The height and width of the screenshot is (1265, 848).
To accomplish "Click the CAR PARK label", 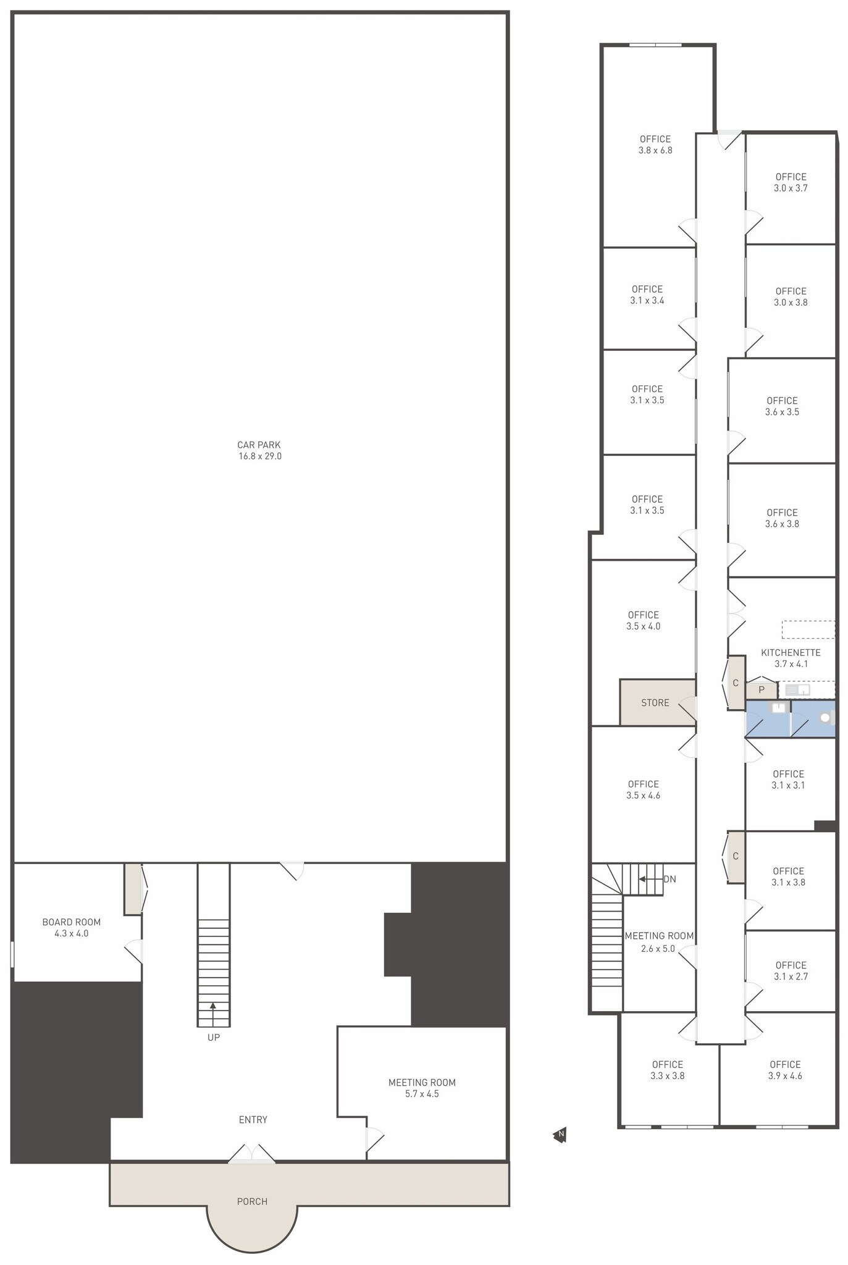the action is [259, 445].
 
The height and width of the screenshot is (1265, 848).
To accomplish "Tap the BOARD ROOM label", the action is [72, 922].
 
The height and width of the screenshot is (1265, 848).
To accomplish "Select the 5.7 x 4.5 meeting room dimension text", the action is [422, 1094].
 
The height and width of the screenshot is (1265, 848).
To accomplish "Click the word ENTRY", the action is [253, 1119].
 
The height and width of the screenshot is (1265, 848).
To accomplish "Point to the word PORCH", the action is [253, 1201].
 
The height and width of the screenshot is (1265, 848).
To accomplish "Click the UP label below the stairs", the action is [214, 1037].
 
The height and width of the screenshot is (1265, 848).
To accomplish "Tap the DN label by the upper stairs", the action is [670, 879].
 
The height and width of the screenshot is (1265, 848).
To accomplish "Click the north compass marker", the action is [560, 1134].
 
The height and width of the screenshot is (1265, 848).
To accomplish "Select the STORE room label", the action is [655, 702].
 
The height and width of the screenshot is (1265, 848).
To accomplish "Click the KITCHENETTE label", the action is [791, 652].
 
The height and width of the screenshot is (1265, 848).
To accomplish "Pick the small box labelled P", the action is [762, 690].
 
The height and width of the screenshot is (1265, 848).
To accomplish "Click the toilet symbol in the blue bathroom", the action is [826, 718].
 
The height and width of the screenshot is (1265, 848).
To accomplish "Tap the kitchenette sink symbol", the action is [797, 690].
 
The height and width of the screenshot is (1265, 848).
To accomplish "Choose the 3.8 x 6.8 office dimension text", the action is [655, 150].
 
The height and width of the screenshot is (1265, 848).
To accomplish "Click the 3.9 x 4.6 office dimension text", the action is [785, 1075].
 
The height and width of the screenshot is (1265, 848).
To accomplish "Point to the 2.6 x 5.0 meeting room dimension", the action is [658, 948].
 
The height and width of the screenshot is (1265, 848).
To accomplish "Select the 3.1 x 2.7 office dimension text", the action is [791, 976].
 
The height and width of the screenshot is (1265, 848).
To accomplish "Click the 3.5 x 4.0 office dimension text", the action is [644, 626].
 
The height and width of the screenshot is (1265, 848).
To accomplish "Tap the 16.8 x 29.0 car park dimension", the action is [260, 456].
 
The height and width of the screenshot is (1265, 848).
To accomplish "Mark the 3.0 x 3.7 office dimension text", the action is [791, 188].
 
